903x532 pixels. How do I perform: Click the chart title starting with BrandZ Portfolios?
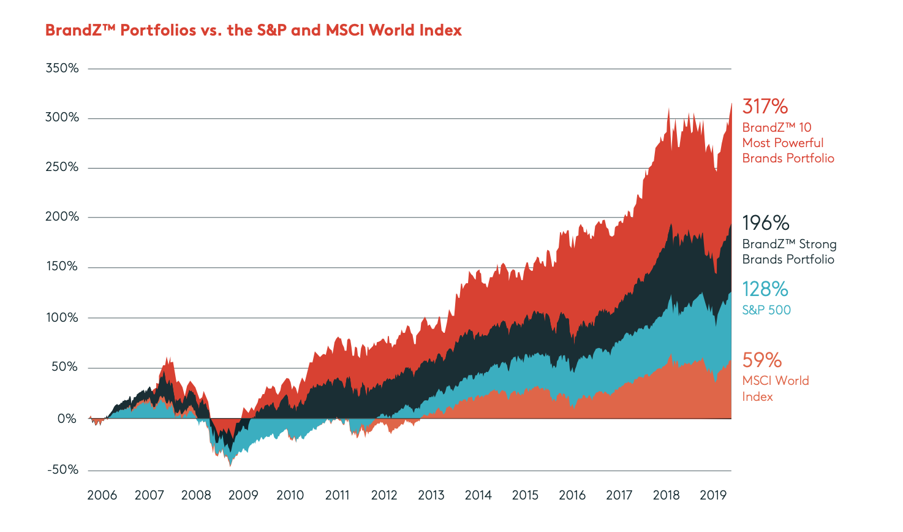coord(253,30)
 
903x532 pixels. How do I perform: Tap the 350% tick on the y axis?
coord(62,68)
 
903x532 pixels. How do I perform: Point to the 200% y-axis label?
coord(62,216)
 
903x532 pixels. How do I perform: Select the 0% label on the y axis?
coord(67,419)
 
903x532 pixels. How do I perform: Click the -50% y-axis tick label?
coord(62,469)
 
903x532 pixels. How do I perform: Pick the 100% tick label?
coord(62,317)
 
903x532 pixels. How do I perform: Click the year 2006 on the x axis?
coord(102,495)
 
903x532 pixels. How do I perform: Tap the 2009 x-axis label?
coord(243,495)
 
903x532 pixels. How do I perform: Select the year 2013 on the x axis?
coord(431,495)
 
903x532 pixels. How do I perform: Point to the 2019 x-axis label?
coord(713,495)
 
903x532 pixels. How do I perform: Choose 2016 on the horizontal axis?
coord(572,495)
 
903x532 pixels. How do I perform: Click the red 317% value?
coord(765,107)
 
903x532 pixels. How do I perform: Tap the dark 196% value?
coord(765,222)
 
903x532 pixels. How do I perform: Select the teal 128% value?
coord(765,289)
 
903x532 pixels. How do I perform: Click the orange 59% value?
coord(761,360)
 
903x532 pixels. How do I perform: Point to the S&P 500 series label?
coord(766,310)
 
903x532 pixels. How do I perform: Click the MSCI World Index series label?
coord(776,389)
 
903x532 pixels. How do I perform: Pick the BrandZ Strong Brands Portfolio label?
coord(789,252)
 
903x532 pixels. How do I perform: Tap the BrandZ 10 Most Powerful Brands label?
coord(788,143)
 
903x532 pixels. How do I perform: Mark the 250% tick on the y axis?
coord(62,167)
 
